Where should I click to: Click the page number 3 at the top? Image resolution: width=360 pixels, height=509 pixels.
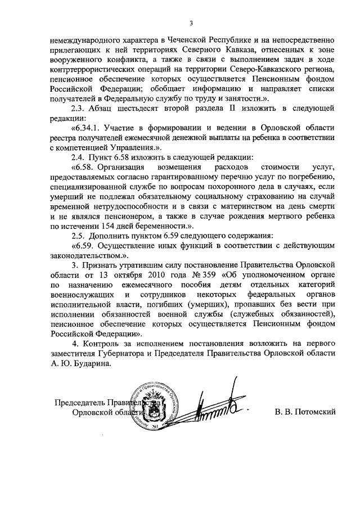(x=191, y=23)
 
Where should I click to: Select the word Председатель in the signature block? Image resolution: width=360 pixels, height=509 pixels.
(x=79, y=403)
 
